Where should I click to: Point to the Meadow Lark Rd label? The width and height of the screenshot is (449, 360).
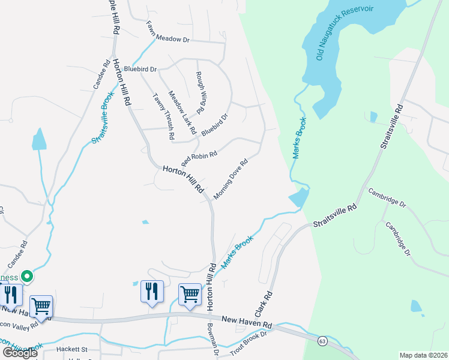[x=182, y=112]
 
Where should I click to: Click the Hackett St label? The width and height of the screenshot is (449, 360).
[x=72, y=349]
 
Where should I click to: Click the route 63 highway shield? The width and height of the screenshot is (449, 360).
[x=322, y=341]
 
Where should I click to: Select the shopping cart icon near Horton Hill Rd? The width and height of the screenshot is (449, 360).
[x=190, y=294]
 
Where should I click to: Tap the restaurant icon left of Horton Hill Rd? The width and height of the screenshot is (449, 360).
[x=151, y=292]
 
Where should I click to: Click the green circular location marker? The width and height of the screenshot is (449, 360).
[x=26, y=277]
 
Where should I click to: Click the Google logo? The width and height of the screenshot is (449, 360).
[x=19, y=353]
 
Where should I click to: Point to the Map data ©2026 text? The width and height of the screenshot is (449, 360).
[x=423, y=355]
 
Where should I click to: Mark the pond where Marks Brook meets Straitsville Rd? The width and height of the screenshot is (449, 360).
[x=299, y=197]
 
